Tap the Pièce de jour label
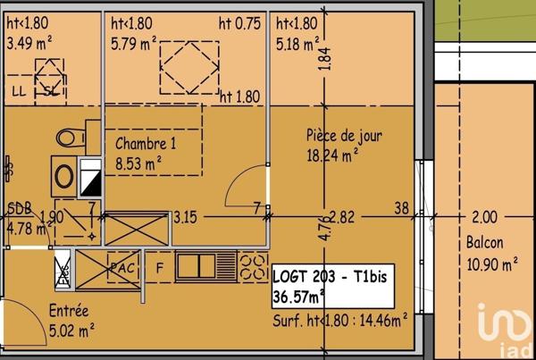coord(344,136)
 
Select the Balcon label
coord(484,242)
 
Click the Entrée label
coord(69,312)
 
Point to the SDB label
coord(20,208)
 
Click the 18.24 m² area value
coord(332,154)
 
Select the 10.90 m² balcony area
coord(491,264)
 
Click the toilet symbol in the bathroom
coord(70,137)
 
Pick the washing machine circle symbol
coord(64,176)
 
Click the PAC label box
coord(121,266)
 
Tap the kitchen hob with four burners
coord(254,265)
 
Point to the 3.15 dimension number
coord(185,216)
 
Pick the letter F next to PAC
coord(160,266)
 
